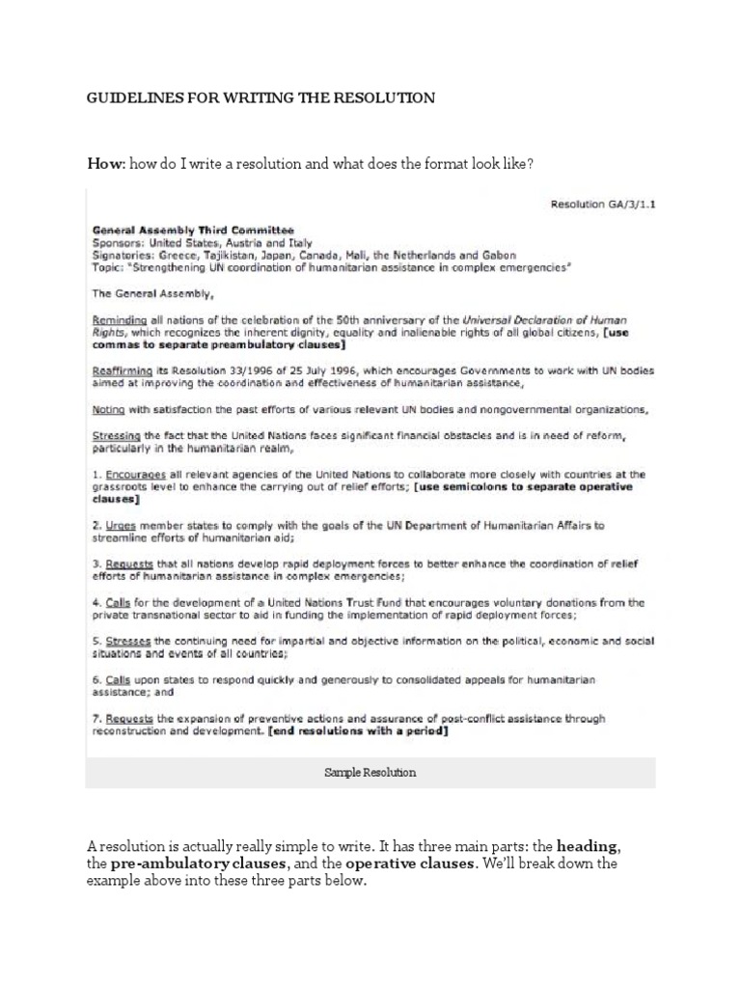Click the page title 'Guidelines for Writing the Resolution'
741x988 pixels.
click(261, 97)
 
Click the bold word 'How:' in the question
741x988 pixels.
click(105, 165)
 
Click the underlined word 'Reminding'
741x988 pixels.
click(120, 319)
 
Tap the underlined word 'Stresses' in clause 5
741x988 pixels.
click(127, 642)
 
